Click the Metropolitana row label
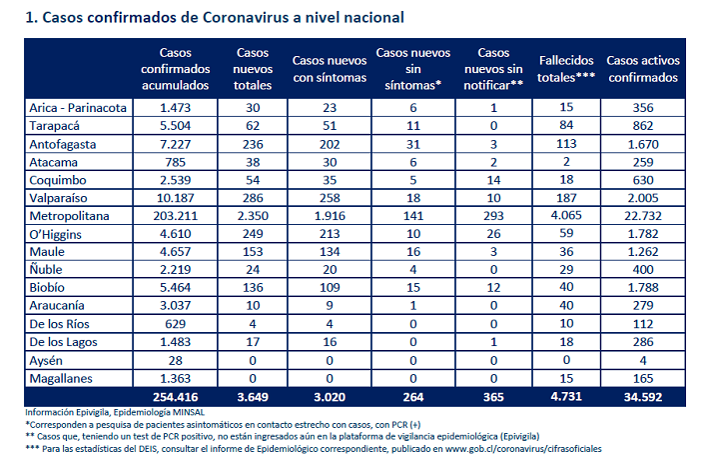[69, 216]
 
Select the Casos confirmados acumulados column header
[176, 69]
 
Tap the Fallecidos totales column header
[566, 69]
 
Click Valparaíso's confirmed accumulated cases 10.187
[176, 198]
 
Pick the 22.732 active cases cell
[643, 216]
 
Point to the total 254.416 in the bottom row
[176, 397]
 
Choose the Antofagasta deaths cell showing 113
[566, 144]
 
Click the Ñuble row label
[46, 269]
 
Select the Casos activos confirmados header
[643, 69]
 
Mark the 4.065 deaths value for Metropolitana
[566, 215]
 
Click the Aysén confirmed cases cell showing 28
[176, 361]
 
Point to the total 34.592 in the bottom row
[643, 397]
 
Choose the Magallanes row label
[61, 378]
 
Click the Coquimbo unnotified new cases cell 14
[493, 180]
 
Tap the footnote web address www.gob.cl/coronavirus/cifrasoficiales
[523, 449]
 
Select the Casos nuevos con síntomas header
[330, 69]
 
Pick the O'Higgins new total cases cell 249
[253, 234]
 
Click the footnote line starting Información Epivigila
[115, 412]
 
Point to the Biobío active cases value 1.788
[643, 288]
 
